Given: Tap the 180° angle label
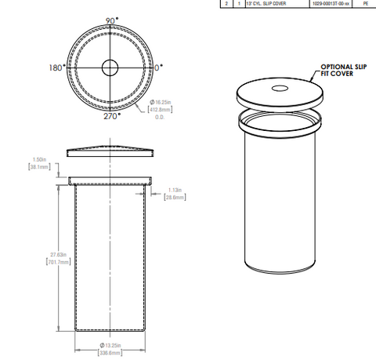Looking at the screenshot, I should click(x=56, y=68).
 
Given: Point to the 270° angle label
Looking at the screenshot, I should click(x=110, y=116).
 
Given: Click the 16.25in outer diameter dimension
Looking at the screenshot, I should click(x=162, y=103).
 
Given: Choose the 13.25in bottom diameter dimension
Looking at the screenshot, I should click(x=111, y=345).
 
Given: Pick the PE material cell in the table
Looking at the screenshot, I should click(x=365, y=4).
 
